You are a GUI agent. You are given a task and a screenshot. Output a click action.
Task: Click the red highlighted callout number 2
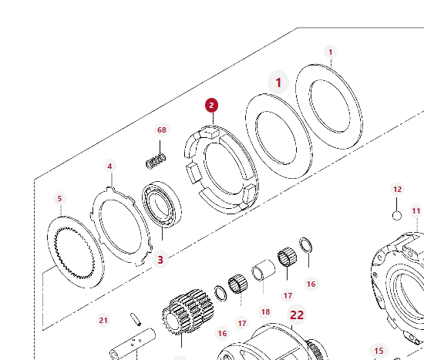point(211,105)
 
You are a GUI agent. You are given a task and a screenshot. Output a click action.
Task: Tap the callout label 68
point(162,130)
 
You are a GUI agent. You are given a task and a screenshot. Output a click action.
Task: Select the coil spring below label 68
point(156,161)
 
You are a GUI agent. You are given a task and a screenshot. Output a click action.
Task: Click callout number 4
point(109,166)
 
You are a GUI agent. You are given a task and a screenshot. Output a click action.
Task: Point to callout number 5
point(59,199)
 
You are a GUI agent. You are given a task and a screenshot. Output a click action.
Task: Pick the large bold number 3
point(160,260)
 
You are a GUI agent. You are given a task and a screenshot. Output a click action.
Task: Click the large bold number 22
point(297,315)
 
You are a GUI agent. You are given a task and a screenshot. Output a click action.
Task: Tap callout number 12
point(397,190)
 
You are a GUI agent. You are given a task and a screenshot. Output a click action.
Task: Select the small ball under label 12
point(397,216)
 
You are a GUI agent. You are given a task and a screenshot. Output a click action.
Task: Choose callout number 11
point(416,210)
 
